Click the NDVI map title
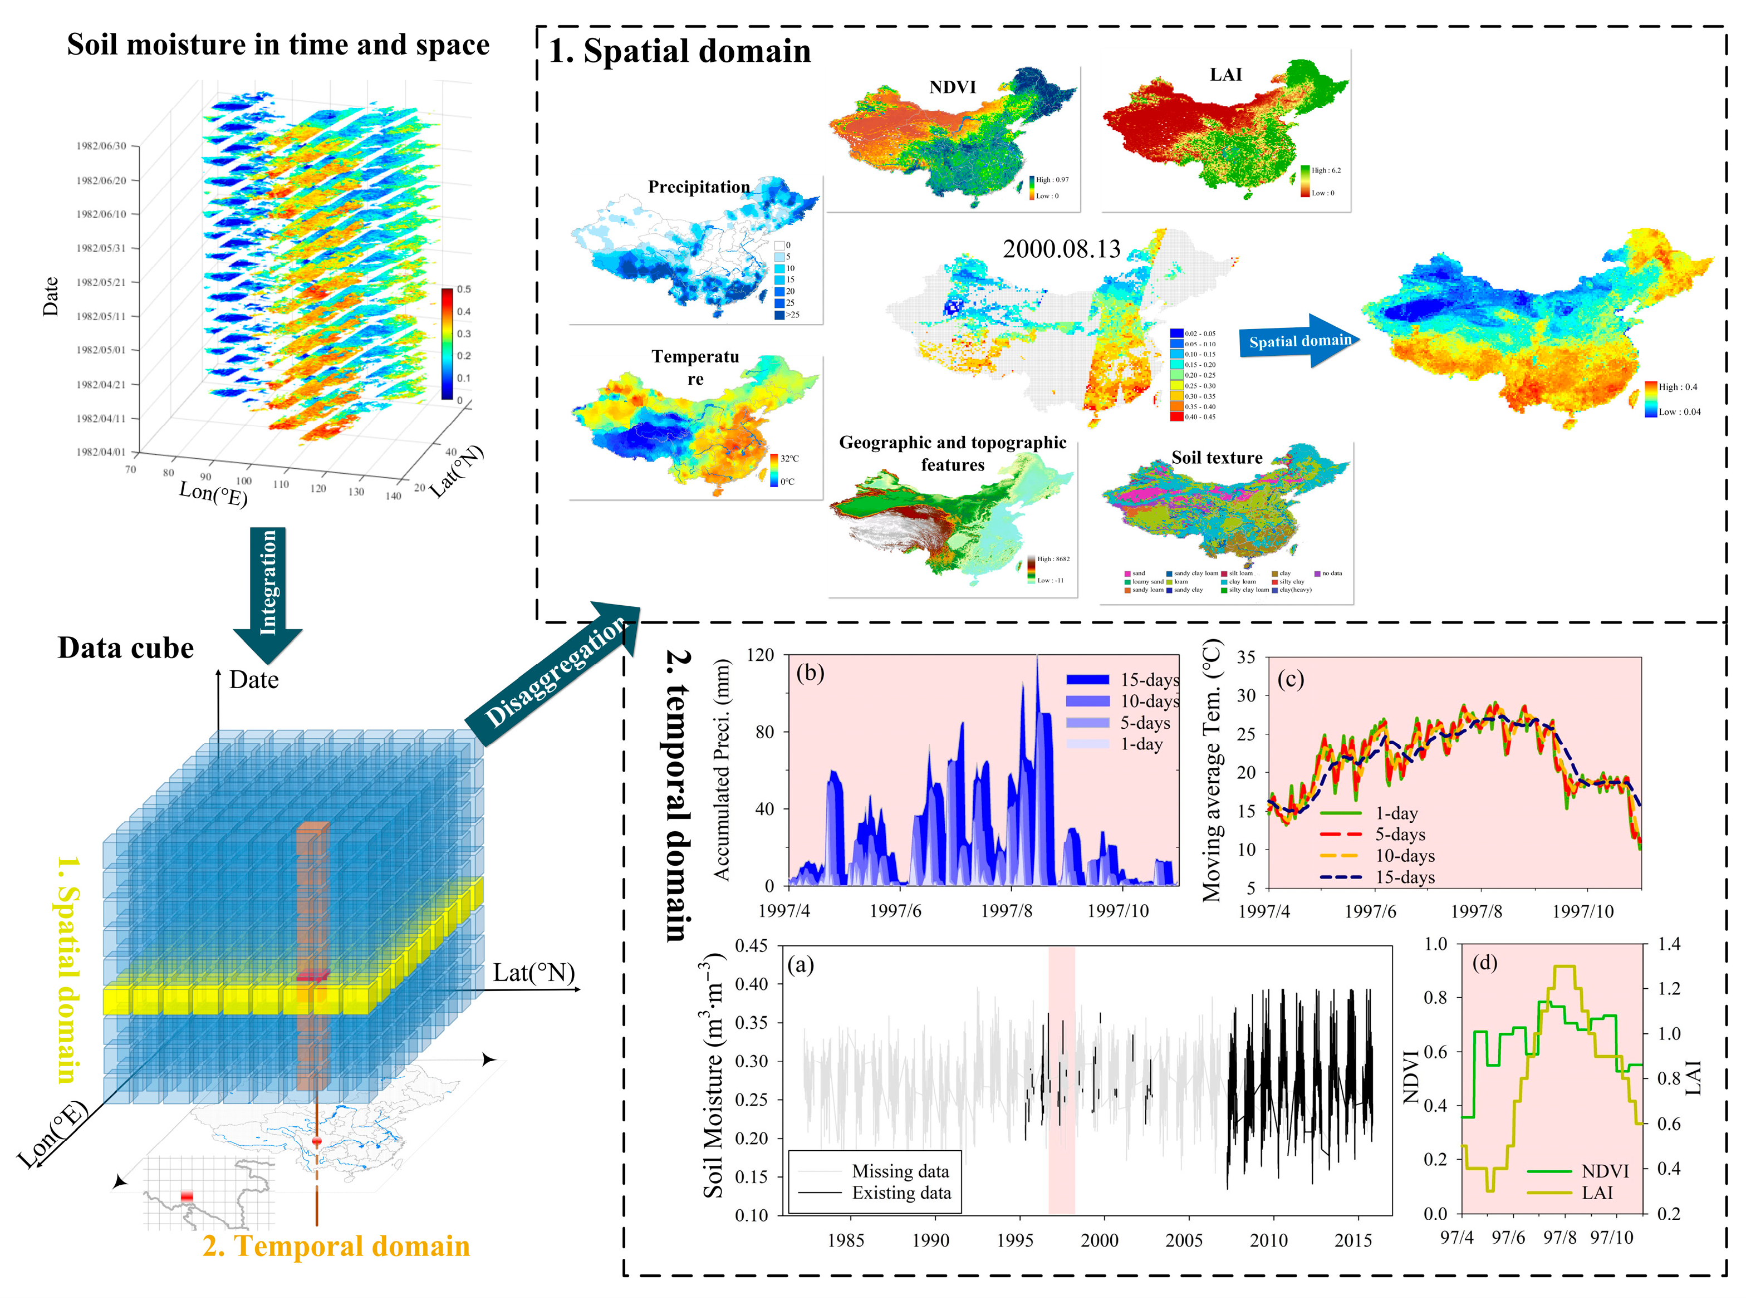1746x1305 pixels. click(x=952, y=87)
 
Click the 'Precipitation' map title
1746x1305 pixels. click(x=699, y=187)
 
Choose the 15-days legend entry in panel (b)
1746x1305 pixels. click(x=1149, y=680)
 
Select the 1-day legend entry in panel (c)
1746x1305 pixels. click(x=1396, y=813)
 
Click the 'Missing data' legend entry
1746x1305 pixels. click(x=900, y=1171)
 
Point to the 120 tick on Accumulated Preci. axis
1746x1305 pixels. click(x=760, y=655)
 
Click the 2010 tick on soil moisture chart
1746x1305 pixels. click(x=1268, y=1240)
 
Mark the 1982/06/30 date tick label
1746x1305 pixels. click(x=101, y=146)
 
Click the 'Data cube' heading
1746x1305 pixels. click(x=125, y=648)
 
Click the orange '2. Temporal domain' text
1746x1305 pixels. click(x=336, y=1246)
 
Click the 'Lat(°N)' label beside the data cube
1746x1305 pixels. click(x=533, y=973)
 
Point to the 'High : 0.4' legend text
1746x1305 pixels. click(x=1678, y=387)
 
